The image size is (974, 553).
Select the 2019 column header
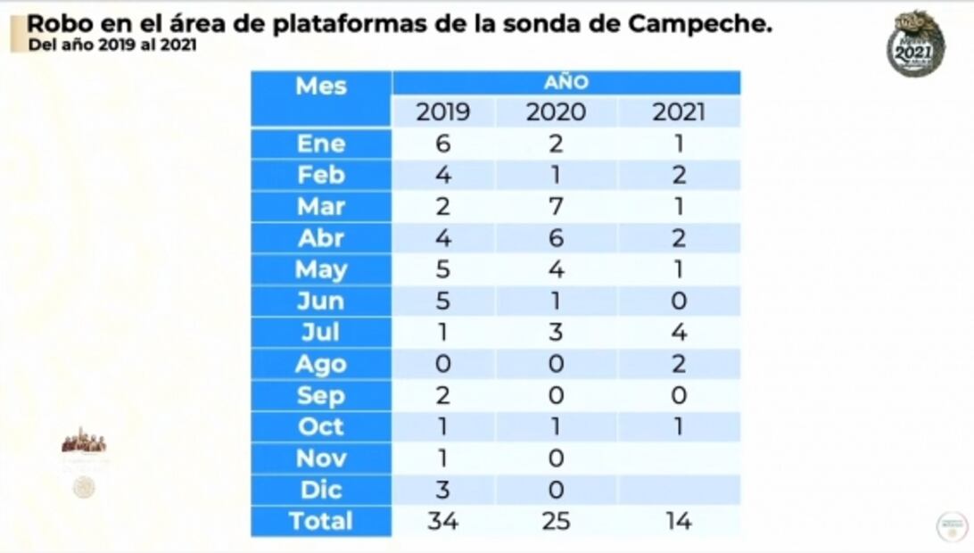coord(443,111)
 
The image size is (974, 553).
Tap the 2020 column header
coord(556,111)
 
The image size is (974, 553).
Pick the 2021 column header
coord(678,111)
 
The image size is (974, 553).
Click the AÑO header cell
coord(566,83)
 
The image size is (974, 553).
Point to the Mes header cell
coord(321,87)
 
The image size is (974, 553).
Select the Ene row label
coord(321,144)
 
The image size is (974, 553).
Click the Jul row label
coord(321,332)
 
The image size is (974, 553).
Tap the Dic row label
coord(321,489)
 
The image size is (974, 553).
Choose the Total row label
coord(321,521)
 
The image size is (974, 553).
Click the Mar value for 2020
coord(556,206)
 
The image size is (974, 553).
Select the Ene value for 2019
coord(443,144)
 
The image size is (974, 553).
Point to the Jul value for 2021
coord(678,332)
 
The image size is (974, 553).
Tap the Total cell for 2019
coord(443,521)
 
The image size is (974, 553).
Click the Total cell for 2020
coord(556,521)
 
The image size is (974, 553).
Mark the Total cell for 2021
coord(678,521)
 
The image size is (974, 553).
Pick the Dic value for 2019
coord(443,489)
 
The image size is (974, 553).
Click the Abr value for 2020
coord(556,238)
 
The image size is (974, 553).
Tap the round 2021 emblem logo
coord(915,45)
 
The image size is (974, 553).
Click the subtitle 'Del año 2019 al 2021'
coord(112,45)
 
